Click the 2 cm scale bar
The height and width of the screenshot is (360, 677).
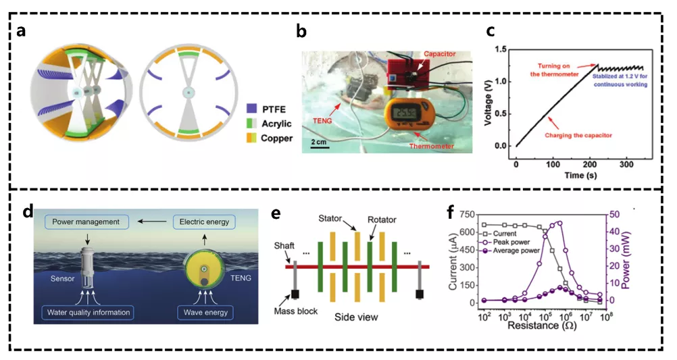(x=317, y=147)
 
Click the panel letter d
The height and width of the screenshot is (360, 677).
(x=28, y=212)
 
